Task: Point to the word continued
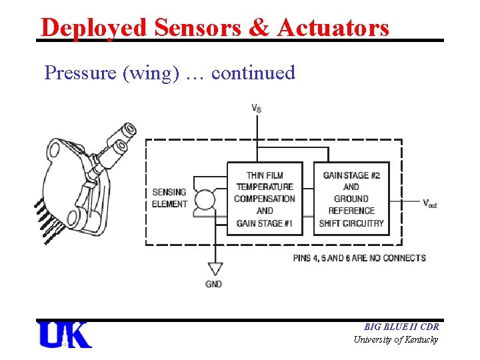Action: [x=253, y=72]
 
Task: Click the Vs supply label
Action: [x=257, y=108]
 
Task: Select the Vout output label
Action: [x=431, y=203]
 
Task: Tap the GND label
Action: [x=214, y=284]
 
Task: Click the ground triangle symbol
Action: [x=215, y=268]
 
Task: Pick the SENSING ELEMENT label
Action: [x=169, y=198]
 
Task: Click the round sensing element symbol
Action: [x=205, y=200]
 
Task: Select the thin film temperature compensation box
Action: [x=265, y=199]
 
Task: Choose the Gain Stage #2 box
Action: [x=351, y=199]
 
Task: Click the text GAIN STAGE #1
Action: [x=265, y=223]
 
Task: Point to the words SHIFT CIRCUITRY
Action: [x=351, y=223]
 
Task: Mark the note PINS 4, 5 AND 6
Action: [x=359, y=258]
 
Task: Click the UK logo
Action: [x=65, y=335]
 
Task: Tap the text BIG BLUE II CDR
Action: [x=401, y=327]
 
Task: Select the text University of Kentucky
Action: [x=396, y=340]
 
